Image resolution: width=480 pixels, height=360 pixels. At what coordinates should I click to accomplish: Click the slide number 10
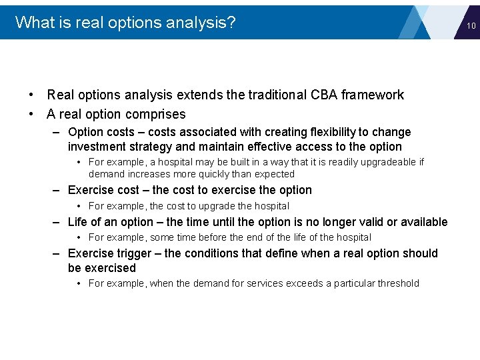(x=471, y=26)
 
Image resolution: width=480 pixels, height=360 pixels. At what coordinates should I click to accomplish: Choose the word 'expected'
(x=274, y=174)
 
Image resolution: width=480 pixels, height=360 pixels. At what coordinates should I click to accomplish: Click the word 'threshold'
(x=397, y=283)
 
